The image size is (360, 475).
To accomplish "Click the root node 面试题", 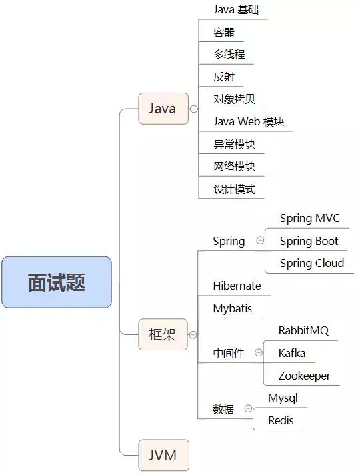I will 57,282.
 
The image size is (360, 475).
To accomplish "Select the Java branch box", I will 163,109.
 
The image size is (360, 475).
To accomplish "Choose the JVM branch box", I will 163,456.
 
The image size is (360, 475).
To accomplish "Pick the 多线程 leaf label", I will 224,54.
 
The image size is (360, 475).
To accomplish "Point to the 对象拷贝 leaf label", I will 234,99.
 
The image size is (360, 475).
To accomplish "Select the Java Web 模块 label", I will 249,122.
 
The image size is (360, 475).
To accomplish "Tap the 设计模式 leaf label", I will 234,189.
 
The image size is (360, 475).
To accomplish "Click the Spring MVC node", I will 309,218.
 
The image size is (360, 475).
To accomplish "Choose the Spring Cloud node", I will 311,263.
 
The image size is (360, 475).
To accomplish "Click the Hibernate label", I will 237,286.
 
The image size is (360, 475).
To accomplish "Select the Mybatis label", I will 233,308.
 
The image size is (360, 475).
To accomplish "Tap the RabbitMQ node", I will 303,330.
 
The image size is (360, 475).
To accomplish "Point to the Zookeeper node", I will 304,376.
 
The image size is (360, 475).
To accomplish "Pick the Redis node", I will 281,420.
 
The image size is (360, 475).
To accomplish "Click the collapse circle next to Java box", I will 193,109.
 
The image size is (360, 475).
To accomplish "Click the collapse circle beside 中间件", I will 257,353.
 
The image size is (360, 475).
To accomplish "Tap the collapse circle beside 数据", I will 248,408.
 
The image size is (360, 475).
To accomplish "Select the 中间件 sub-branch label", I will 228,354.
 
